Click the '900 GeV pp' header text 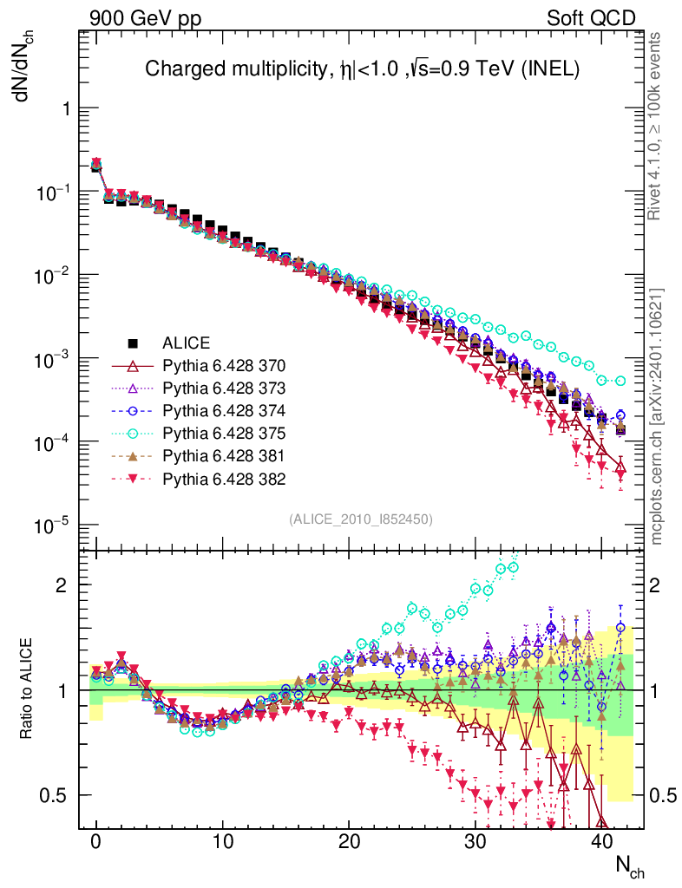pyautogui.click(x=145, y=18)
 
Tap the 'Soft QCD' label pyautogui.click(x=591, y=18)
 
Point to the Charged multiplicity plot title pyautogui.click(x=362, y=69)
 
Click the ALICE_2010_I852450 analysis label pyautogui.click(x=361, y=519)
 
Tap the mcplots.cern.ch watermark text pyautogui.click(x=658, y=416)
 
